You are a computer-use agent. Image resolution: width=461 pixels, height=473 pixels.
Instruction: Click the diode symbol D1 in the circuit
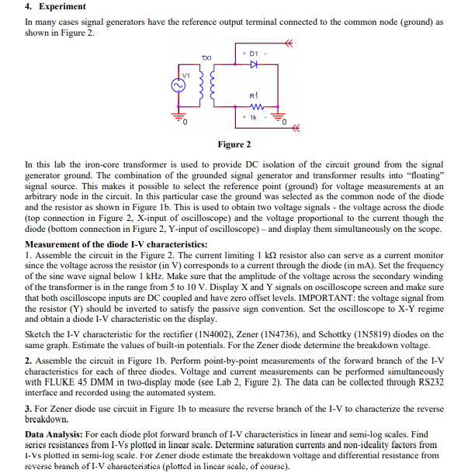[254, 66]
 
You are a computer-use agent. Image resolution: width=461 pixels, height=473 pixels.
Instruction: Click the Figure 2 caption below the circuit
[234, 145]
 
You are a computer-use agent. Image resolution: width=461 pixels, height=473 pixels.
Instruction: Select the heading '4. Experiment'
[52, 7]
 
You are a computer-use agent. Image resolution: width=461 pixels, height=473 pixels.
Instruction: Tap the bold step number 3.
[28, 408]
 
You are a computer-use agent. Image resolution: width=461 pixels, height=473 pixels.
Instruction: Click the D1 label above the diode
[254, 53]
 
